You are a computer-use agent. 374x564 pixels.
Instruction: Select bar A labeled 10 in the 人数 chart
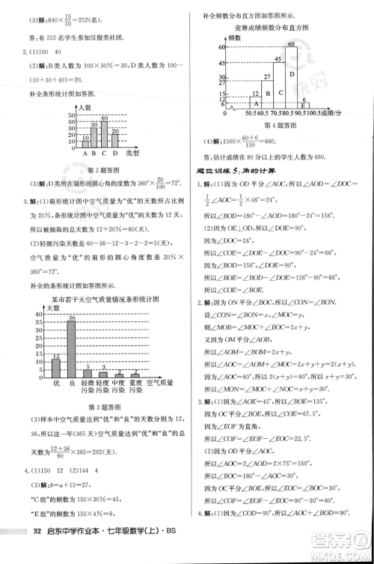click(86, 140)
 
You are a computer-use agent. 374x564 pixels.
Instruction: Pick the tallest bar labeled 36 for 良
click(72, 346)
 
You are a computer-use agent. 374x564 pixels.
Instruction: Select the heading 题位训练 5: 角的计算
click(240, 166)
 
